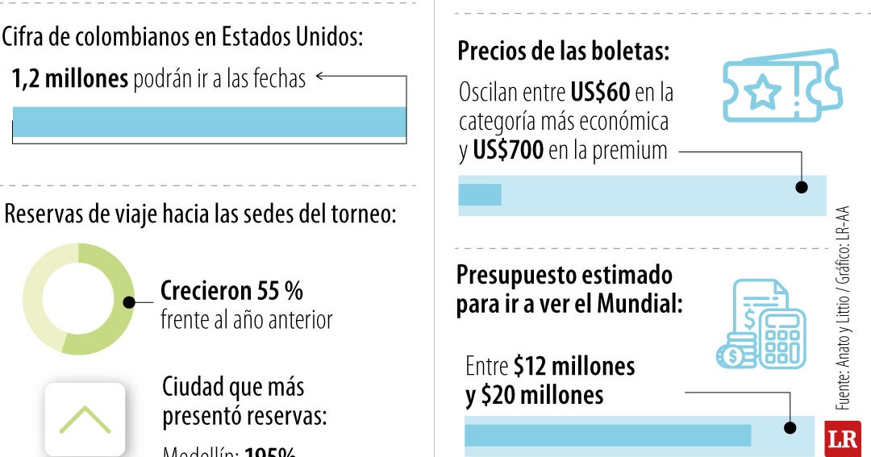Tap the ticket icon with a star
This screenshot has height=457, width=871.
coord(781,86)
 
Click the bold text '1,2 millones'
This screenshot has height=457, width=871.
coord(70,79)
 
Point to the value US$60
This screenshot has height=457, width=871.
coord(599,93)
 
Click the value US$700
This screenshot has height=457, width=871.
coord(509,150)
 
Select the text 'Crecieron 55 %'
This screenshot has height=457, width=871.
coord(231,291)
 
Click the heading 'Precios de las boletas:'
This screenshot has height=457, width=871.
coord(564,52)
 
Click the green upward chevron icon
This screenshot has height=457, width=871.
coord(85,419)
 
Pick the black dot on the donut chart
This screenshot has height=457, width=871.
coord(128,302)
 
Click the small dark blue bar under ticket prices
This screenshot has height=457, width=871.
coord(480,195)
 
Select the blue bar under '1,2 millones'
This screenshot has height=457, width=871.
coord(209,122)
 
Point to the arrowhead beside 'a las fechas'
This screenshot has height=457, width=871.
coord(320,77)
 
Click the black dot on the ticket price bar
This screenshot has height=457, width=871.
coord(801,187)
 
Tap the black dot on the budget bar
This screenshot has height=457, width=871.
coord(790,428)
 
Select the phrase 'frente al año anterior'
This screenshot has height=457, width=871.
coord(246,320)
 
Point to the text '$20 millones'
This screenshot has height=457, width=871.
coord(542,396)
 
